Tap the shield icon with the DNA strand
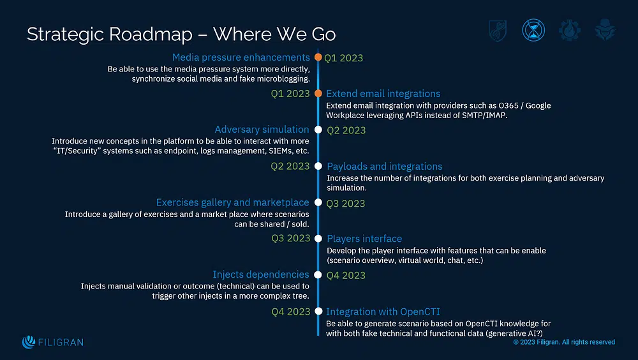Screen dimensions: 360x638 click(x=498, y=30)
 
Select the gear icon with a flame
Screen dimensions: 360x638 click(x=569, y=30)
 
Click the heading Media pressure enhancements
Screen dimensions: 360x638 click(x=241, y=57)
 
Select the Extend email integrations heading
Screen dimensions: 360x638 click(x=383, y=94)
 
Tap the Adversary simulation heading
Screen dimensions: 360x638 click(x=262, y=130)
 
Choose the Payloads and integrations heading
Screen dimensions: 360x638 click(x=384, y=167)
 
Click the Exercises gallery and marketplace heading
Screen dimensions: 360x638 click(x=232, y=202)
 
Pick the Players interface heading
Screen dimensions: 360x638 click(x=364, y=239)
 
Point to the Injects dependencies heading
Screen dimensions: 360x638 click(x=260, y=274)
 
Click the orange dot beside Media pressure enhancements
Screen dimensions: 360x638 click(x=318, y=57)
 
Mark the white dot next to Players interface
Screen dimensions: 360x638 click(x=318, y=239)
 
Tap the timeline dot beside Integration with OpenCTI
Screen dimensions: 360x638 click(x=318, y=311)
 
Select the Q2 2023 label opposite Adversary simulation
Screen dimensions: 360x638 click(x=346, y=130)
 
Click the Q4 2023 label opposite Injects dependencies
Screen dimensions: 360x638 click(x=346, y=275)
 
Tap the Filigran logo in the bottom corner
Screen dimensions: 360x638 click(x=52, y=342)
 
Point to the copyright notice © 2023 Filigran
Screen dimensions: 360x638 click(x=564, y=342)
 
